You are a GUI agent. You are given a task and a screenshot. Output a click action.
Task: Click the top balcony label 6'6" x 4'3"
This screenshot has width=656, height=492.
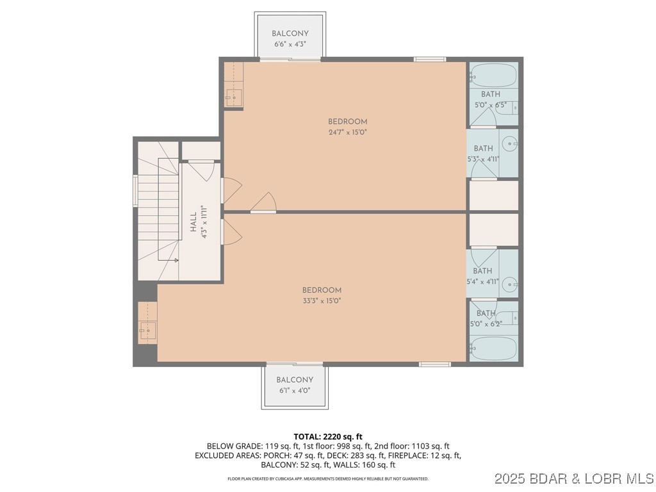pos(290,45)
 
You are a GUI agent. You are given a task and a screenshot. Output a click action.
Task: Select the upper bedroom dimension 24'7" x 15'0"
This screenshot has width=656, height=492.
pos(347,133)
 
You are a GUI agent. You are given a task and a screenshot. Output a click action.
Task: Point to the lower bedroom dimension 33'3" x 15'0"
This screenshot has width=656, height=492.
pos(322,301)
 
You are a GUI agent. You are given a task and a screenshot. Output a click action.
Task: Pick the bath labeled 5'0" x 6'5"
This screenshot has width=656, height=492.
pos(490,104)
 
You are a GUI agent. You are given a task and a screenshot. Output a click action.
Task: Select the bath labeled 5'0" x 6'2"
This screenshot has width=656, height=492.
pos(486,324)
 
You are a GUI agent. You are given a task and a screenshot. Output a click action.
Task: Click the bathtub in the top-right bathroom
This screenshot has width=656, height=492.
pos(493,76)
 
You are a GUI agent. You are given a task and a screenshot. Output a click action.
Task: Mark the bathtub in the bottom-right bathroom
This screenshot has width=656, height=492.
pos(493,350)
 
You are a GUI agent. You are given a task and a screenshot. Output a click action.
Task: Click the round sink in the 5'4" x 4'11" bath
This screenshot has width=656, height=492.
pos(509,283)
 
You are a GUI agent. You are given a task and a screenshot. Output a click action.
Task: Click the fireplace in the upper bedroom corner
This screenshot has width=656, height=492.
pos(233,98)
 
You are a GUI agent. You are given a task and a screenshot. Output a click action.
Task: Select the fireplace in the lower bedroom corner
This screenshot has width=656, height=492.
pos(146,332)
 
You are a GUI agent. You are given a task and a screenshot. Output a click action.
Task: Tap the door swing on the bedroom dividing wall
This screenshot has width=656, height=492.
pos(264,202)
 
